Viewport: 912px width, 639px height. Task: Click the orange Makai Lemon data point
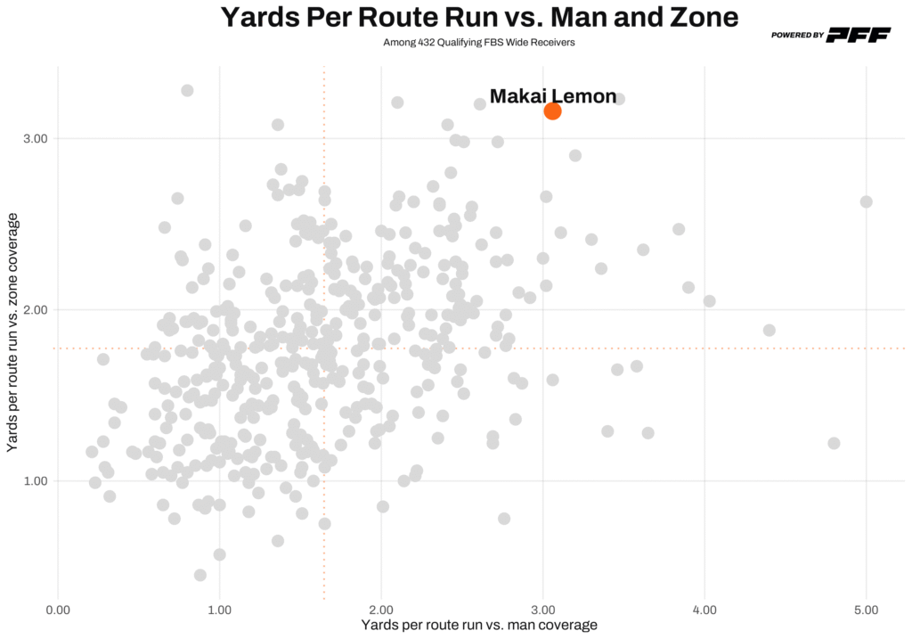(552, 111)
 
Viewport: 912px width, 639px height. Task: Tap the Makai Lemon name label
(552, 96)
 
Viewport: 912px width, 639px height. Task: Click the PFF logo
(859, 35)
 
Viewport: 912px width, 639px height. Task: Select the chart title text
(479, 17)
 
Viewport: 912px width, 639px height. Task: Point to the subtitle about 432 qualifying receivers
(478, 42)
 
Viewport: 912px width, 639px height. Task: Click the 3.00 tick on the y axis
(34, 139)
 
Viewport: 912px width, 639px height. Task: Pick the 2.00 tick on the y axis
(34, 310)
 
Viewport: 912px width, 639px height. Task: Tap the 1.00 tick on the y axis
(34, 481)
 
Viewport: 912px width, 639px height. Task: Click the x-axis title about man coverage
(478, 626)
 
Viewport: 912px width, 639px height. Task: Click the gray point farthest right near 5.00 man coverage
(866, 201)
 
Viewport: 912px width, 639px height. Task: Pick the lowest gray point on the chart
(200, 575)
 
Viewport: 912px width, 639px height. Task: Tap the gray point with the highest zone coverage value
(187, 90)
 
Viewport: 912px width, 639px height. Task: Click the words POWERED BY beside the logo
(797, 36)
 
